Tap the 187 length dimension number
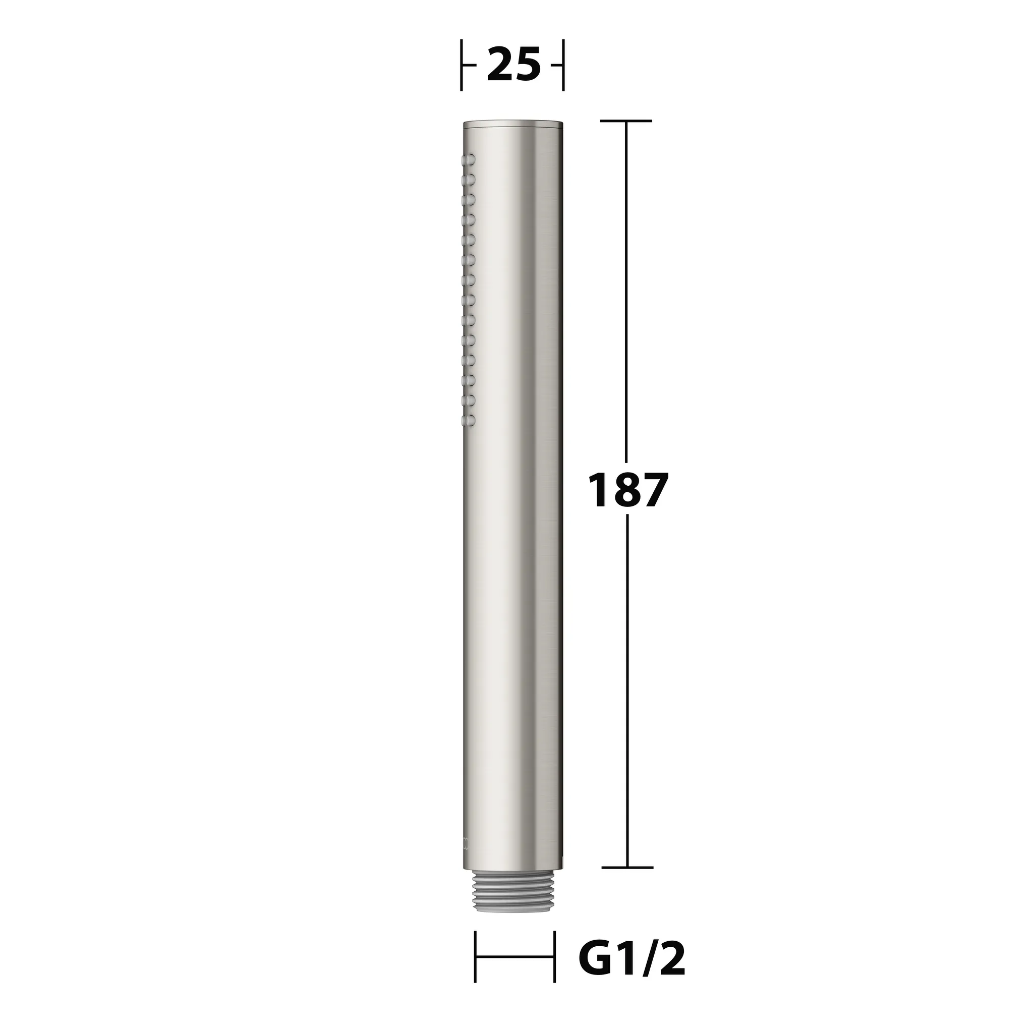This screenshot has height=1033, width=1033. (627, 490)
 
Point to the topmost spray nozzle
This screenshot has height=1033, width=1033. (96, 159)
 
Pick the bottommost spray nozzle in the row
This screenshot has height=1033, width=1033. (96, 419)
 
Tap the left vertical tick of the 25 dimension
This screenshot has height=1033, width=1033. (462, 65)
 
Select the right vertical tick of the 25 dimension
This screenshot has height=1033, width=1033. (563, 65)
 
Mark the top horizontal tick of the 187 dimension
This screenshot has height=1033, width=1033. (626, 121)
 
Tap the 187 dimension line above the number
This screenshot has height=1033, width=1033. (626, 289)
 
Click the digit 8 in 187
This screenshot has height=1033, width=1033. (627, 490)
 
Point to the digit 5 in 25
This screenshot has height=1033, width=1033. (528, 65)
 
